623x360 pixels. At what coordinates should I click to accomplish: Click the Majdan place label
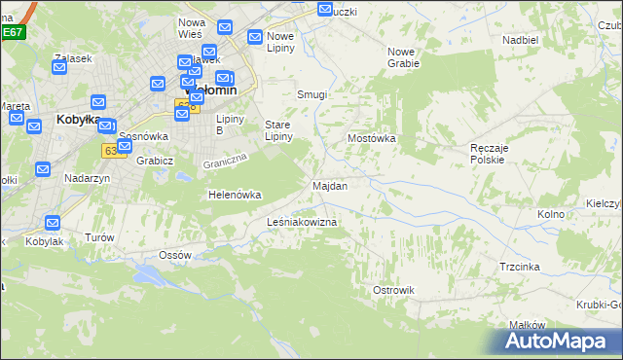tap(329, 185)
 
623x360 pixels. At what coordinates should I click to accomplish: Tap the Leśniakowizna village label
tap(302, 223)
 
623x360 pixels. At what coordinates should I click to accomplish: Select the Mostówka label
tap(372, 138)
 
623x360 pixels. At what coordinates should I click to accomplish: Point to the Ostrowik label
tap(393, 290)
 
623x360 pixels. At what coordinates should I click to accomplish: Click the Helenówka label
tap(235, 195)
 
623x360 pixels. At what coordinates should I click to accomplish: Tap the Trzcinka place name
tap(520, 266)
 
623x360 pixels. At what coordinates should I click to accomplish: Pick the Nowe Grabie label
tap(403, 57)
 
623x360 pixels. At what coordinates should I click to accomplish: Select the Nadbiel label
tap(520, 40)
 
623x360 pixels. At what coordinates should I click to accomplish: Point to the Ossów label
tap(175, 255)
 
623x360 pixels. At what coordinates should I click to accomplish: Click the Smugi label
tap(311, 94)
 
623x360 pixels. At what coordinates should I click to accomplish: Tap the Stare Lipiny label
tap(279, 130)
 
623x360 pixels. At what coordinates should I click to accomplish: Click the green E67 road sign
tap(12, 32)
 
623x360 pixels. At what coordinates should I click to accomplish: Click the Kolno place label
tap(551, 213)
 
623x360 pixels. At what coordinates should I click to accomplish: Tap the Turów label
tap(99, 237)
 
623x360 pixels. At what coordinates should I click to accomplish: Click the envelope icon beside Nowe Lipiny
tap(255, 38)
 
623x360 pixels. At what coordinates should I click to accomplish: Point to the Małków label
tap(526, 326)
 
